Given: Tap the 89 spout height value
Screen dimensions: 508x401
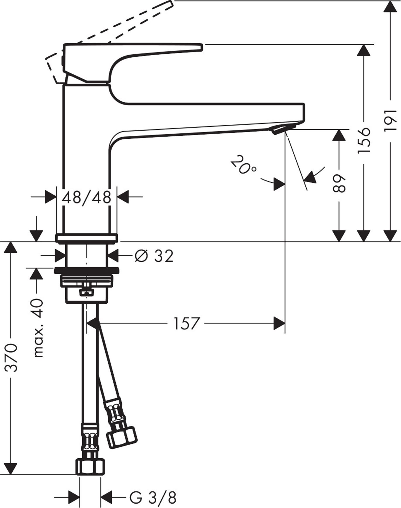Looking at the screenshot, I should [x=340, y=183].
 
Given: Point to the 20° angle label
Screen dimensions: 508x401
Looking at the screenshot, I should [x=243, y=164].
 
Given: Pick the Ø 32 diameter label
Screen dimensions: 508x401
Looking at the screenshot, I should [x=154, y=256].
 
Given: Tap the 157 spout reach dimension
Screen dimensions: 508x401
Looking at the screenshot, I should [x=186, y=324].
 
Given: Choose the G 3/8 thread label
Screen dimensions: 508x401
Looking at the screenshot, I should [x=152, y=497].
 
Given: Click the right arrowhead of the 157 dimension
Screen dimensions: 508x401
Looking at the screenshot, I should [x=280, y=323].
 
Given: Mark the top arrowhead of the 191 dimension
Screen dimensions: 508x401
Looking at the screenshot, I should [x=390, y=6].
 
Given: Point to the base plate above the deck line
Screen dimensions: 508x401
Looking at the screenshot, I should [x=87, y=238].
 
